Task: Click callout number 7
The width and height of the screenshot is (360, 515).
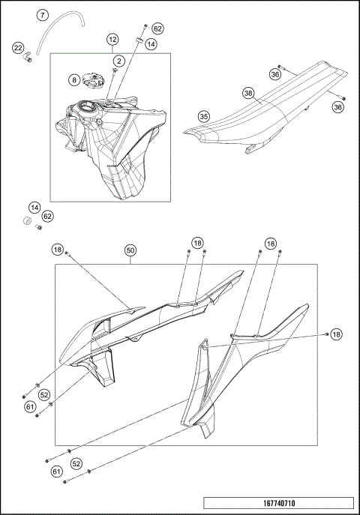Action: pos(43,15)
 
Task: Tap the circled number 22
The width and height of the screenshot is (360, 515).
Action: pos(18,49)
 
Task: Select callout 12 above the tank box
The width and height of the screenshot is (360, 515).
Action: pos(112,38)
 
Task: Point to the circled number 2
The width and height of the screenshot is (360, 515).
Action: pos(119,59)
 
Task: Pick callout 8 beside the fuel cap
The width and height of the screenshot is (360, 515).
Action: pos(74,79)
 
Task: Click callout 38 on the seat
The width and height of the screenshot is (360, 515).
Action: pos(248,94)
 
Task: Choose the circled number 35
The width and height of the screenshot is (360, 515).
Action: pos(202,116)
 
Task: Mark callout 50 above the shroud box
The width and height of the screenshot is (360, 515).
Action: pos(130,251)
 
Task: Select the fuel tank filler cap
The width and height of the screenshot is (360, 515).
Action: pos(94,78)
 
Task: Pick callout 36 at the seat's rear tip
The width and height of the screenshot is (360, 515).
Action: pos(338,107)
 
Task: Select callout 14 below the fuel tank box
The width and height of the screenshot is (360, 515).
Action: pos(34,207)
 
